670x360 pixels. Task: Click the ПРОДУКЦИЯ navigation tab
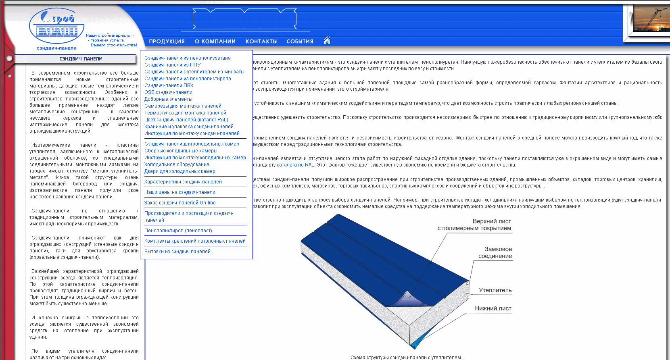pyautogui.click(x=167, y=42)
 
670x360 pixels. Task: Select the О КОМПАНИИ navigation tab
pyautogui.click(x=215, y=42)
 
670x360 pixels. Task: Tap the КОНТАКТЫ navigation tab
pyautogui.click(x=261, y=42)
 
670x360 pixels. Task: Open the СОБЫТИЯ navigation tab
pyautogui.click(x=300, y=42)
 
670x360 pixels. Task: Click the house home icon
pyautogui.click(x=327, y=40)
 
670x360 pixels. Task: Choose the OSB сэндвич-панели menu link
pyautogui.click(x=168, y=92)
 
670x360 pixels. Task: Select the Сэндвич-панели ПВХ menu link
pyautogui.click(x=169, y=85)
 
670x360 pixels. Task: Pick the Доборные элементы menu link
pyautogui.click(x=168, y=99)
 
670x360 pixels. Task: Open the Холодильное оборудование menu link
pyautogui.click(x=177, y=164)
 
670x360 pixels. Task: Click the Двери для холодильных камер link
pyautogui.click(x=180, y=171)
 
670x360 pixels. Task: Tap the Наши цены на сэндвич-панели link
pyautogui.click(x=180, y=192)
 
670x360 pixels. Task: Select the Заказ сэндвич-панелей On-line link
pyautogui.click(x=180, y=203)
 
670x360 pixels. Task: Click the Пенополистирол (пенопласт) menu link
pyautogui.click(x=178, y=231)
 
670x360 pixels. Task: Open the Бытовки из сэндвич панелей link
pyautogui.click(x=177, y=252)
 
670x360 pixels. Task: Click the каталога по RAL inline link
pyautogui.click(x=295, y=165)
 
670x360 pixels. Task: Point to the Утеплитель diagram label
pyautogui.click(x=495, y=290)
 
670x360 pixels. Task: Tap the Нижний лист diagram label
pyautogui.click(x=493, y=308)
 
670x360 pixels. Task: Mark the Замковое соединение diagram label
pyautogui.click(x=495, y=253)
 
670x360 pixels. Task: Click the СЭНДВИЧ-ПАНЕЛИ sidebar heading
pyautogui.click(x=81, y=59)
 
